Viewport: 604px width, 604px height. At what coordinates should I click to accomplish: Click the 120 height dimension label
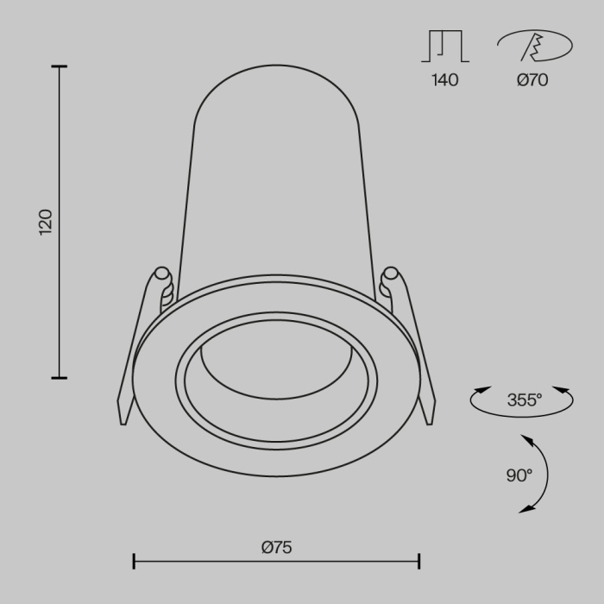coord(46,222)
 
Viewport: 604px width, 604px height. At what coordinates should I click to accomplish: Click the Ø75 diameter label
coord(276,546)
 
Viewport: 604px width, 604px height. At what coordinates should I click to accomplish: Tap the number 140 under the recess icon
coord(444,81)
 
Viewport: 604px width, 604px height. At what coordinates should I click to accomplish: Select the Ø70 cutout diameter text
coord(532,81)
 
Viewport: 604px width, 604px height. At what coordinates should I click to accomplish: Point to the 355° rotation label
coord(523,400)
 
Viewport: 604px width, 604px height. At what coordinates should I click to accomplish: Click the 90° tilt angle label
coord(519,475)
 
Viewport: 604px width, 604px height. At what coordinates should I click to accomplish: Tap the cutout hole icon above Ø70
coord(533,46)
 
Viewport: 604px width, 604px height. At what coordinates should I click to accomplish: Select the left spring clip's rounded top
coord(160,274)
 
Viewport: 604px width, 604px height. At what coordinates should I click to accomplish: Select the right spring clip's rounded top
coord(390,274)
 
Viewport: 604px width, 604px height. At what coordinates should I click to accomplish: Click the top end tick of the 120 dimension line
coord(59,66)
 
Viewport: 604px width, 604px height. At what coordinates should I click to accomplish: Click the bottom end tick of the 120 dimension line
coord(59,377)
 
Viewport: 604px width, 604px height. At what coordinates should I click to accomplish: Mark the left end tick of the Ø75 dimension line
coord(134,562)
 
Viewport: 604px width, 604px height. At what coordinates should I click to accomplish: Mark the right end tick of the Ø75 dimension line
coord(418,562)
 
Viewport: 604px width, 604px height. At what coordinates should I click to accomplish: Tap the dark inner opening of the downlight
coord(275,367)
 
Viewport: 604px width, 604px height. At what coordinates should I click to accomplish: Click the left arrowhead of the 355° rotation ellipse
coord(475,393)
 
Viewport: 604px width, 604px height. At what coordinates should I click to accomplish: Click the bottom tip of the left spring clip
coord(123,423)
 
